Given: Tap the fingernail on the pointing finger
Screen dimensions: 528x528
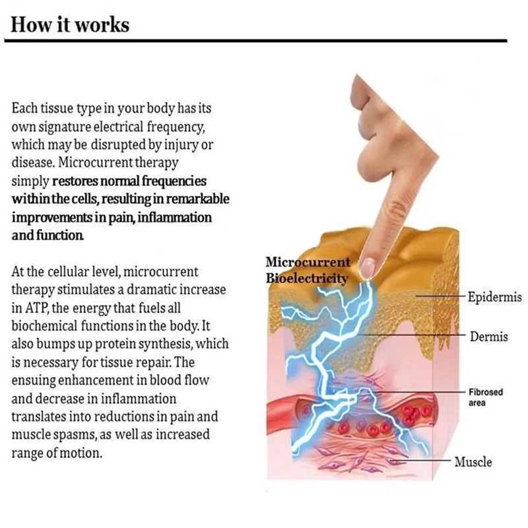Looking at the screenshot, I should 368,266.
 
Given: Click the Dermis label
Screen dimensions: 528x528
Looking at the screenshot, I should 488,337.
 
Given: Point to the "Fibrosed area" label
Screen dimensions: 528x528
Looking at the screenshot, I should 485,396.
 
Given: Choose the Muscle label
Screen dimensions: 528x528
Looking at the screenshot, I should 473,461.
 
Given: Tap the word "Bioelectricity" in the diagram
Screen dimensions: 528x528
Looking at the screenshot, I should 307,279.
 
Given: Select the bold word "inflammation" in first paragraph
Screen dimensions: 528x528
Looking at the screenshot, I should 173,217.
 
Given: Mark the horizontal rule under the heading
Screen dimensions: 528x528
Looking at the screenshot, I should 264,40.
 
